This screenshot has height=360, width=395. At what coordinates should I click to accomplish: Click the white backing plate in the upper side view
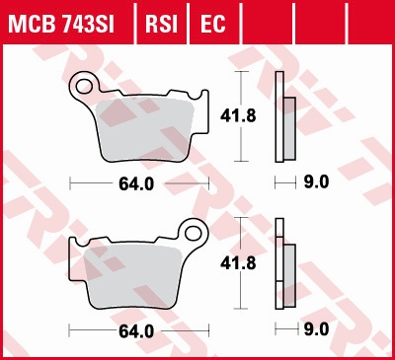(280, 118)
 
